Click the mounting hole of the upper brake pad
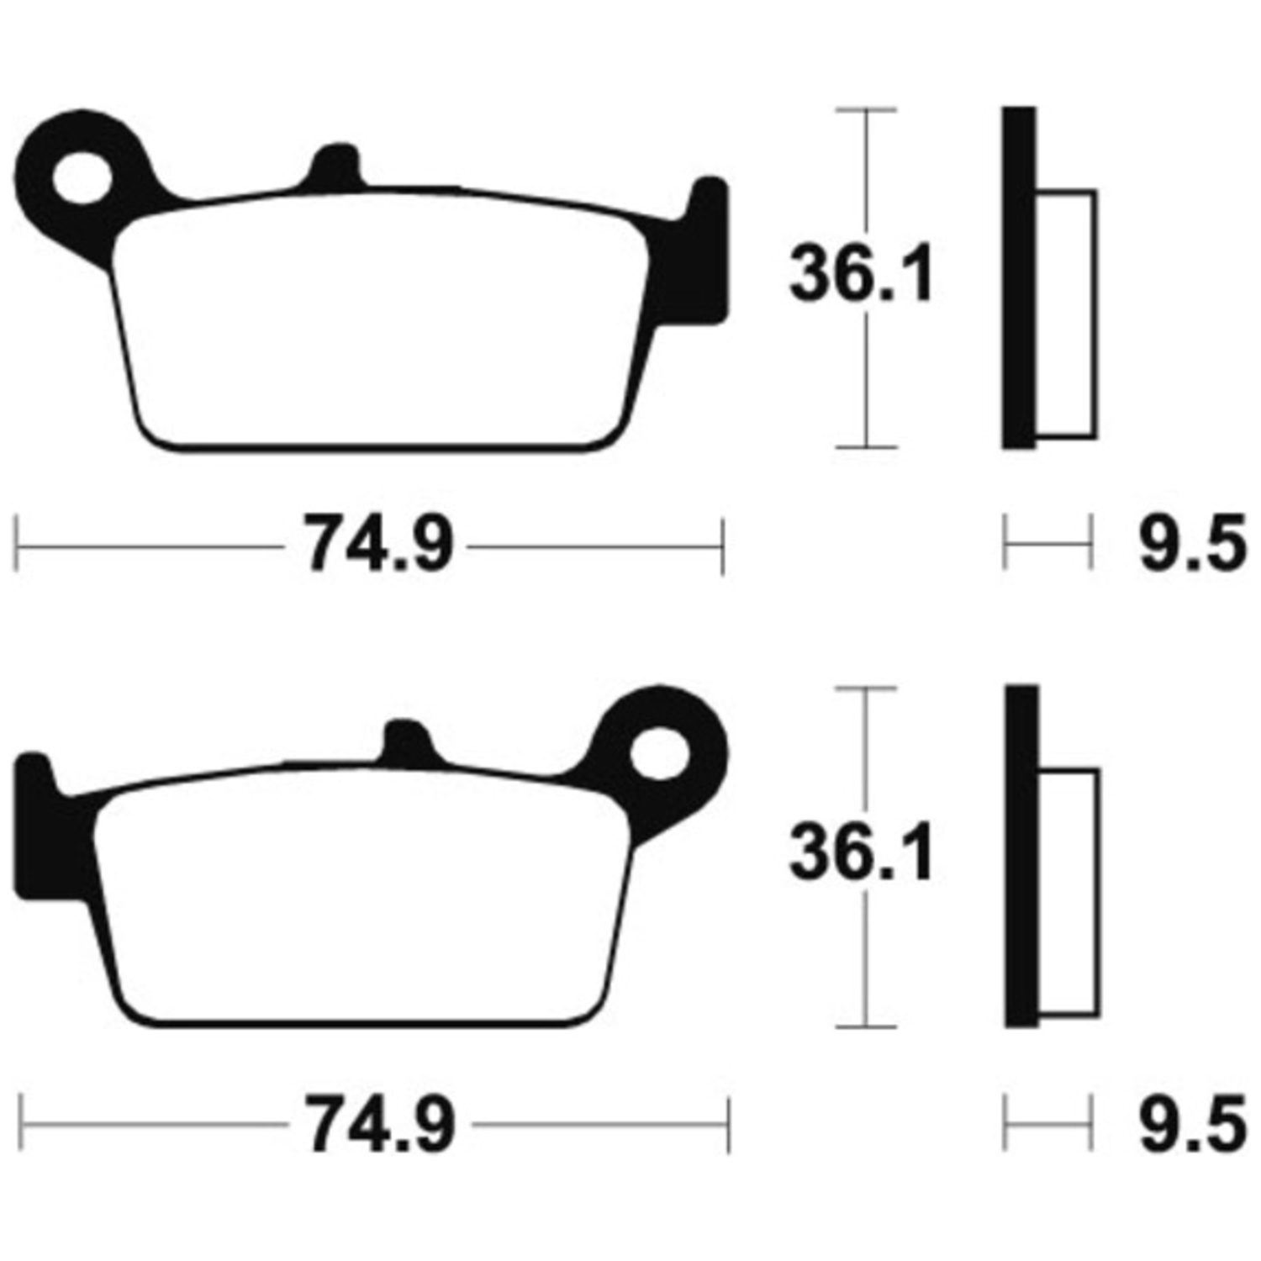pyautogui.click(x=82, y=177)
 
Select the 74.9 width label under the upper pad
pyautogui.click(x=377, y=544)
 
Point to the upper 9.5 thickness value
pyautogui.click(x=1191, y=544)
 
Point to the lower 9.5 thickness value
pyautogui.click(x=1191, y=1123)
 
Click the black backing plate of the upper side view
pyautogui.click(x=1019, y=278)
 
